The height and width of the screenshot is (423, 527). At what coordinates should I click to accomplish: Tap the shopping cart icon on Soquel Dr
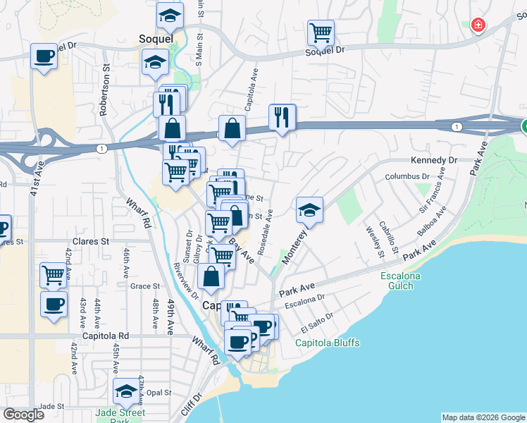coord(321,32)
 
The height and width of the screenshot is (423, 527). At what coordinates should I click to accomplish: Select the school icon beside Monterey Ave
coord(309,210)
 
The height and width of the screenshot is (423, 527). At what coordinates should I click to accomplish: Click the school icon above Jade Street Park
coord(126,391)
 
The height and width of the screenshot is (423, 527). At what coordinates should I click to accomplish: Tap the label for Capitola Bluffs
coord(327,343)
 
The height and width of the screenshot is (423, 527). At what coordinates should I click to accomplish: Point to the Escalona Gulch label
coord(400,281)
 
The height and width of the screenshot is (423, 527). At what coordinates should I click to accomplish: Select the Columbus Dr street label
coord(407,176)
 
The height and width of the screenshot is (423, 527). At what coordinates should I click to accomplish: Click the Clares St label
coord(90,240)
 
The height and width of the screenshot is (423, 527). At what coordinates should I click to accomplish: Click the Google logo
coord(23,415)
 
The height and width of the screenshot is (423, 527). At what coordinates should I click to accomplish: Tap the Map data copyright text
coord(483,417)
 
